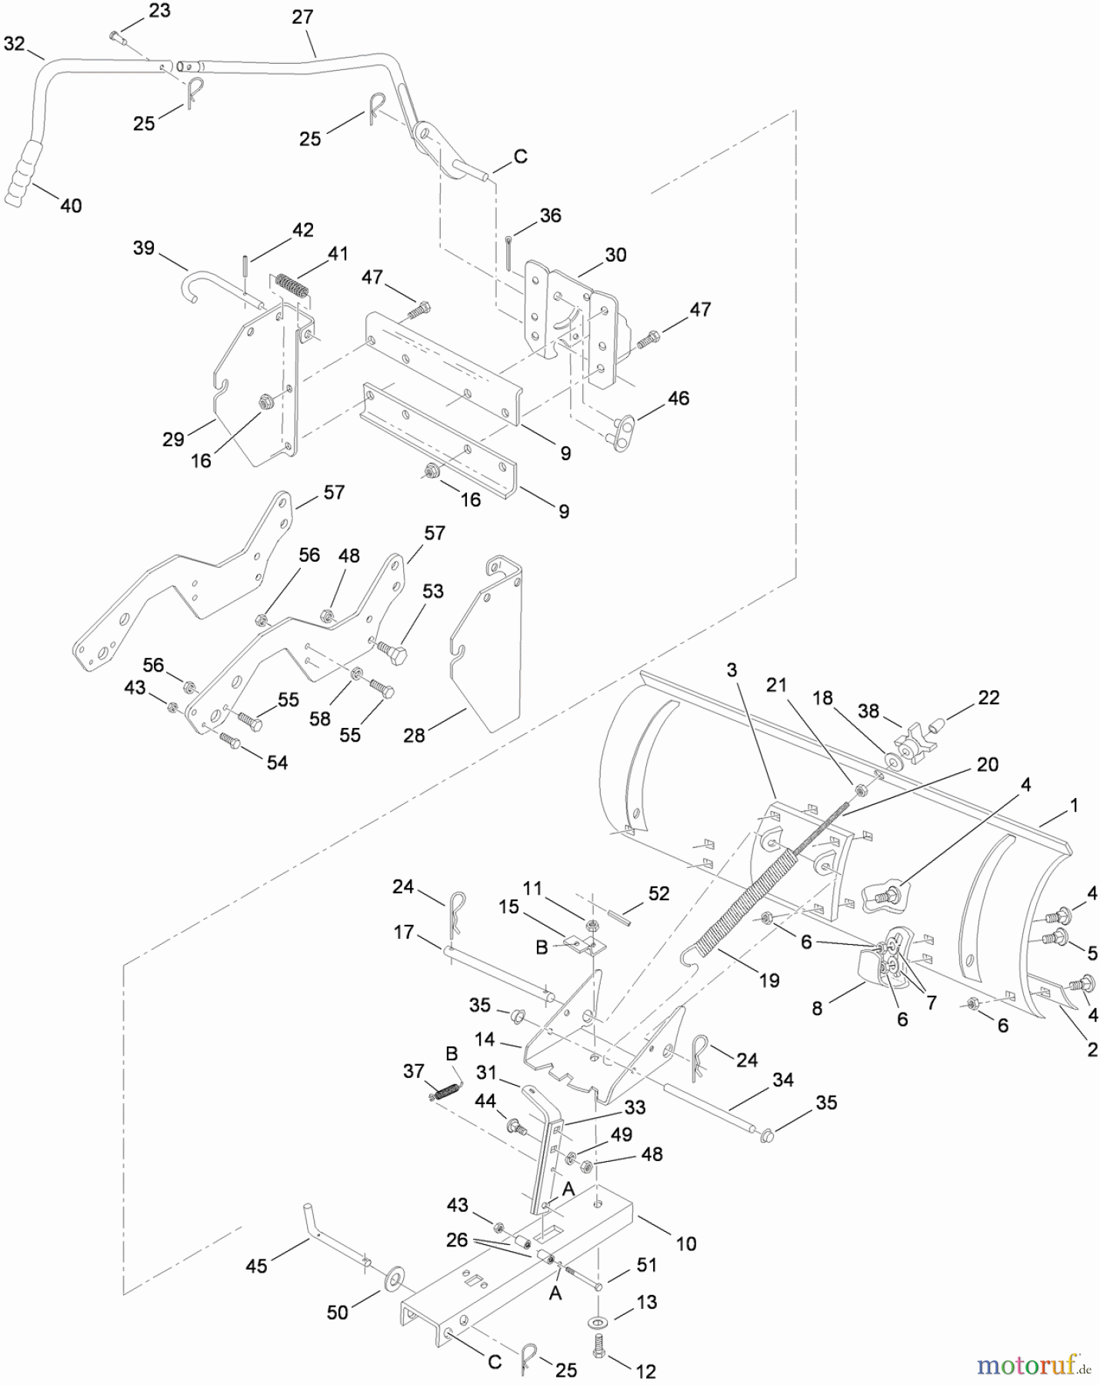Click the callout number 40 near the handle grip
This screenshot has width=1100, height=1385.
point(71,205)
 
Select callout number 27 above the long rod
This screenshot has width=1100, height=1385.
point(302,17)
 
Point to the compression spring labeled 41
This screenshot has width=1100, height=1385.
point(293,286)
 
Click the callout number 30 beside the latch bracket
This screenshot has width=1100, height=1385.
point(615,255)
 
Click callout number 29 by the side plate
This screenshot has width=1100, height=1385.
point(173,439)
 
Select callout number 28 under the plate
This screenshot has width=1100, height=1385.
point(414,736)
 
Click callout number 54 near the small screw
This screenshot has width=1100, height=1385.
point(277,763)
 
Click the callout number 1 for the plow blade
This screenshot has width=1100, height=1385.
point(1074,806)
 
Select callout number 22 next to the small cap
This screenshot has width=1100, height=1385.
point(988,697)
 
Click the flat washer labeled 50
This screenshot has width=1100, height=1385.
point(395,1279)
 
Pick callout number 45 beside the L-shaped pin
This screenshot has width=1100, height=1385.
point(256,1266)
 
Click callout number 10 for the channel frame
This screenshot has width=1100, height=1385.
point(685,1243)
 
